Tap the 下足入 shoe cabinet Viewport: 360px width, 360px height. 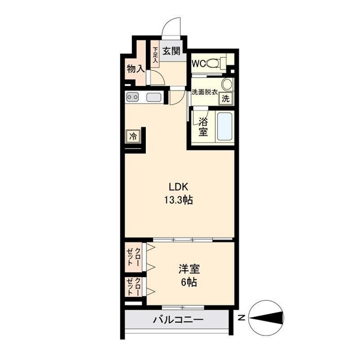(155, 55)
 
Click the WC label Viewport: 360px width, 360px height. (199, 63)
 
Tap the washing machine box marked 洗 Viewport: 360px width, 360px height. (226, 98)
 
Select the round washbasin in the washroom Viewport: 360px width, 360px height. (227, 83)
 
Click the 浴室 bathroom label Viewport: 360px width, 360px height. (203, 127)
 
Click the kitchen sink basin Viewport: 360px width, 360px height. (154, 97)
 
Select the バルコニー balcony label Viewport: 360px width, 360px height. (178, 320)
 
